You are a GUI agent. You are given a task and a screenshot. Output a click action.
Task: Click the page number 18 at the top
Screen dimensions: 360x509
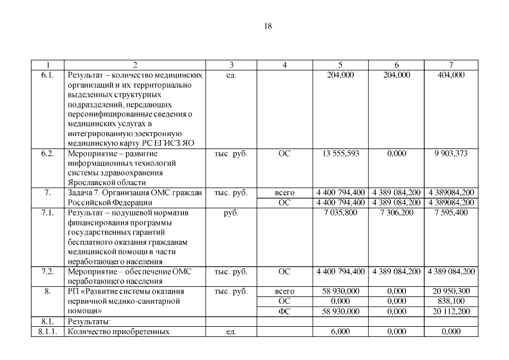[268, 26]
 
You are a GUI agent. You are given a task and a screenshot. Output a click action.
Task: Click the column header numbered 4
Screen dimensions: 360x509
[285, 65]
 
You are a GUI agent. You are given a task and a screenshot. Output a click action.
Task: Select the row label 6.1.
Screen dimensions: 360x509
[47, 74]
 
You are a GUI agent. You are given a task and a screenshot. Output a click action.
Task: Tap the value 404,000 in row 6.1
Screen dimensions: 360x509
[451, 74]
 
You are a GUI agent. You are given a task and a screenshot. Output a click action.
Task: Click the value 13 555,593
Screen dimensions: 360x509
[340, 153]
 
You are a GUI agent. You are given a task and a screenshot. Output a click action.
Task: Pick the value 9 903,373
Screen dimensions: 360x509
[451, 153]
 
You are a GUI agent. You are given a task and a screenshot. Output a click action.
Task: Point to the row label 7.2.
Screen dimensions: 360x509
[47, 272]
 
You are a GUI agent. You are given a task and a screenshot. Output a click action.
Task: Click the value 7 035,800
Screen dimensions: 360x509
[340, 213]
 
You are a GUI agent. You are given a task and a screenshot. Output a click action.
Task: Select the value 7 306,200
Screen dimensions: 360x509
[397, 213]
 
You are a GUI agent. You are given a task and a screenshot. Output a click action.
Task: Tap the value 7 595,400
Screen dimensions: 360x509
[451, 213]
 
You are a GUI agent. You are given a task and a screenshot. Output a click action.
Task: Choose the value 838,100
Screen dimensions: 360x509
[451, 301]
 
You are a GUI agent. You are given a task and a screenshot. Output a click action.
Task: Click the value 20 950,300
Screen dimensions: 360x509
[451, 291]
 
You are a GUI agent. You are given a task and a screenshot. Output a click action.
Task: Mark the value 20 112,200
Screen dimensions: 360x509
[451, 311]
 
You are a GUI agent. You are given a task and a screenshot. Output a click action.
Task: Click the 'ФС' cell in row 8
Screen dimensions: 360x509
[285, 311]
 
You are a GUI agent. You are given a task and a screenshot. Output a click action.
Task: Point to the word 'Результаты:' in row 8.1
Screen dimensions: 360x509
[89, 321]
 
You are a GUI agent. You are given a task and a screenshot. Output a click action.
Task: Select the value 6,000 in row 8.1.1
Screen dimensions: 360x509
[340, 331]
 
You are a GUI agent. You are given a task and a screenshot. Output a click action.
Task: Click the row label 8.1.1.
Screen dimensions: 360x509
[47, 331]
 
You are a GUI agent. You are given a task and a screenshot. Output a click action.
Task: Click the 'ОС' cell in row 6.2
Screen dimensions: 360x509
[285, 153]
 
